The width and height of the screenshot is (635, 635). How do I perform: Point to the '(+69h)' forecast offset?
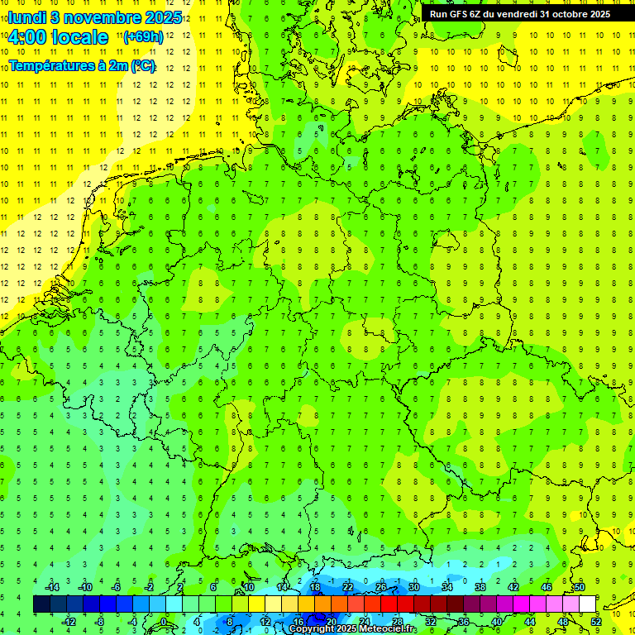click(143, 37)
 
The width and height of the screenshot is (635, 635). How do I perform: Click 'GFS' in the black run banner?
click(465, 13)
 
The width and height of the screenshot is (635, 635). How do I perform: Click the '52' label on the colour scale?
click(595, 621)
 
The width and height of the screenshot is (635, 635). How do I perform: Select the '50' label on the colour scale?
click(579, 587)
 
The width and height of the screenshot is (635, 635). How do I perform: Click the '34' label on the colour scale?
click(446, 587)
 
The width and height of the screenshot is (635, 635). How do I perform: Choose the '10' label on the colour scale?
click(249, 587)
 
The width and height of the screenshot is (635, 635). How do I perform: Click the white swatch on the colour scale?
click(587, 604)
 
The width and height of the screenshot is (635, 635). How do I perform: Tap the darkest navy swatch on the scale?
click(41, 604)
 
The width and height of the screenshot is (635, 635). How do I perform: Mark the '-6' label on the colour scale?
click(117, 587)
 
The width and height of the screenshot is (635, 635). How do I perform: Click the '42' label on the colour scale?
click(513, 587)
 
